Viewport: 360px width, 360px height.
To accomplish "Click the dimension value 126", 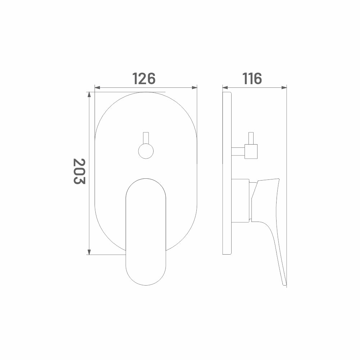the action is (x=144, y=78).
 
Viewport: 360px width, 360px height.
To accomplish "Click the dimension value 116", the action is (x=252, y=78).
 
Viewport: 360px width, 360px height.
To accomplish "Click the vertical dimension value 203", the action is (x=79, y=171).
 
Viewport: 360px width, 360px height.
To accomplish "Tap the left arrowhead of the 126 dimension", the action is (x=97, y=87).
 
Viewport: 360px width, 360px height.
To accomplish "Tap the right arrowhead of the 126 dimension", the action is (x=194, y=87).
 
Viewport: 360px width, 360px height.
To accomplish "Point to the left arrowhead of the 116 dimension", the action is (x=225, y=87).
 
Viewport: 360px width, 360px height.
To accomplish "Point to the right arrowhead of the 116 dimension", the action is (x=284, y=87).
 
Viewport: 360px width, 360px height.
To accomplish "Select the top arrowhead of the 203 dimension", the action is (x=89, y=95).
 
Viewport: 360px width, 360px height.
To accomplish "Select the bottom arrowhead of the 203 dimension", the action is (x=89, y=252).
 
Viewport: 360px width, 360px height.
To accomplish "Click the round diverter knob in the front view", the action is (x=146, y=151).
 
